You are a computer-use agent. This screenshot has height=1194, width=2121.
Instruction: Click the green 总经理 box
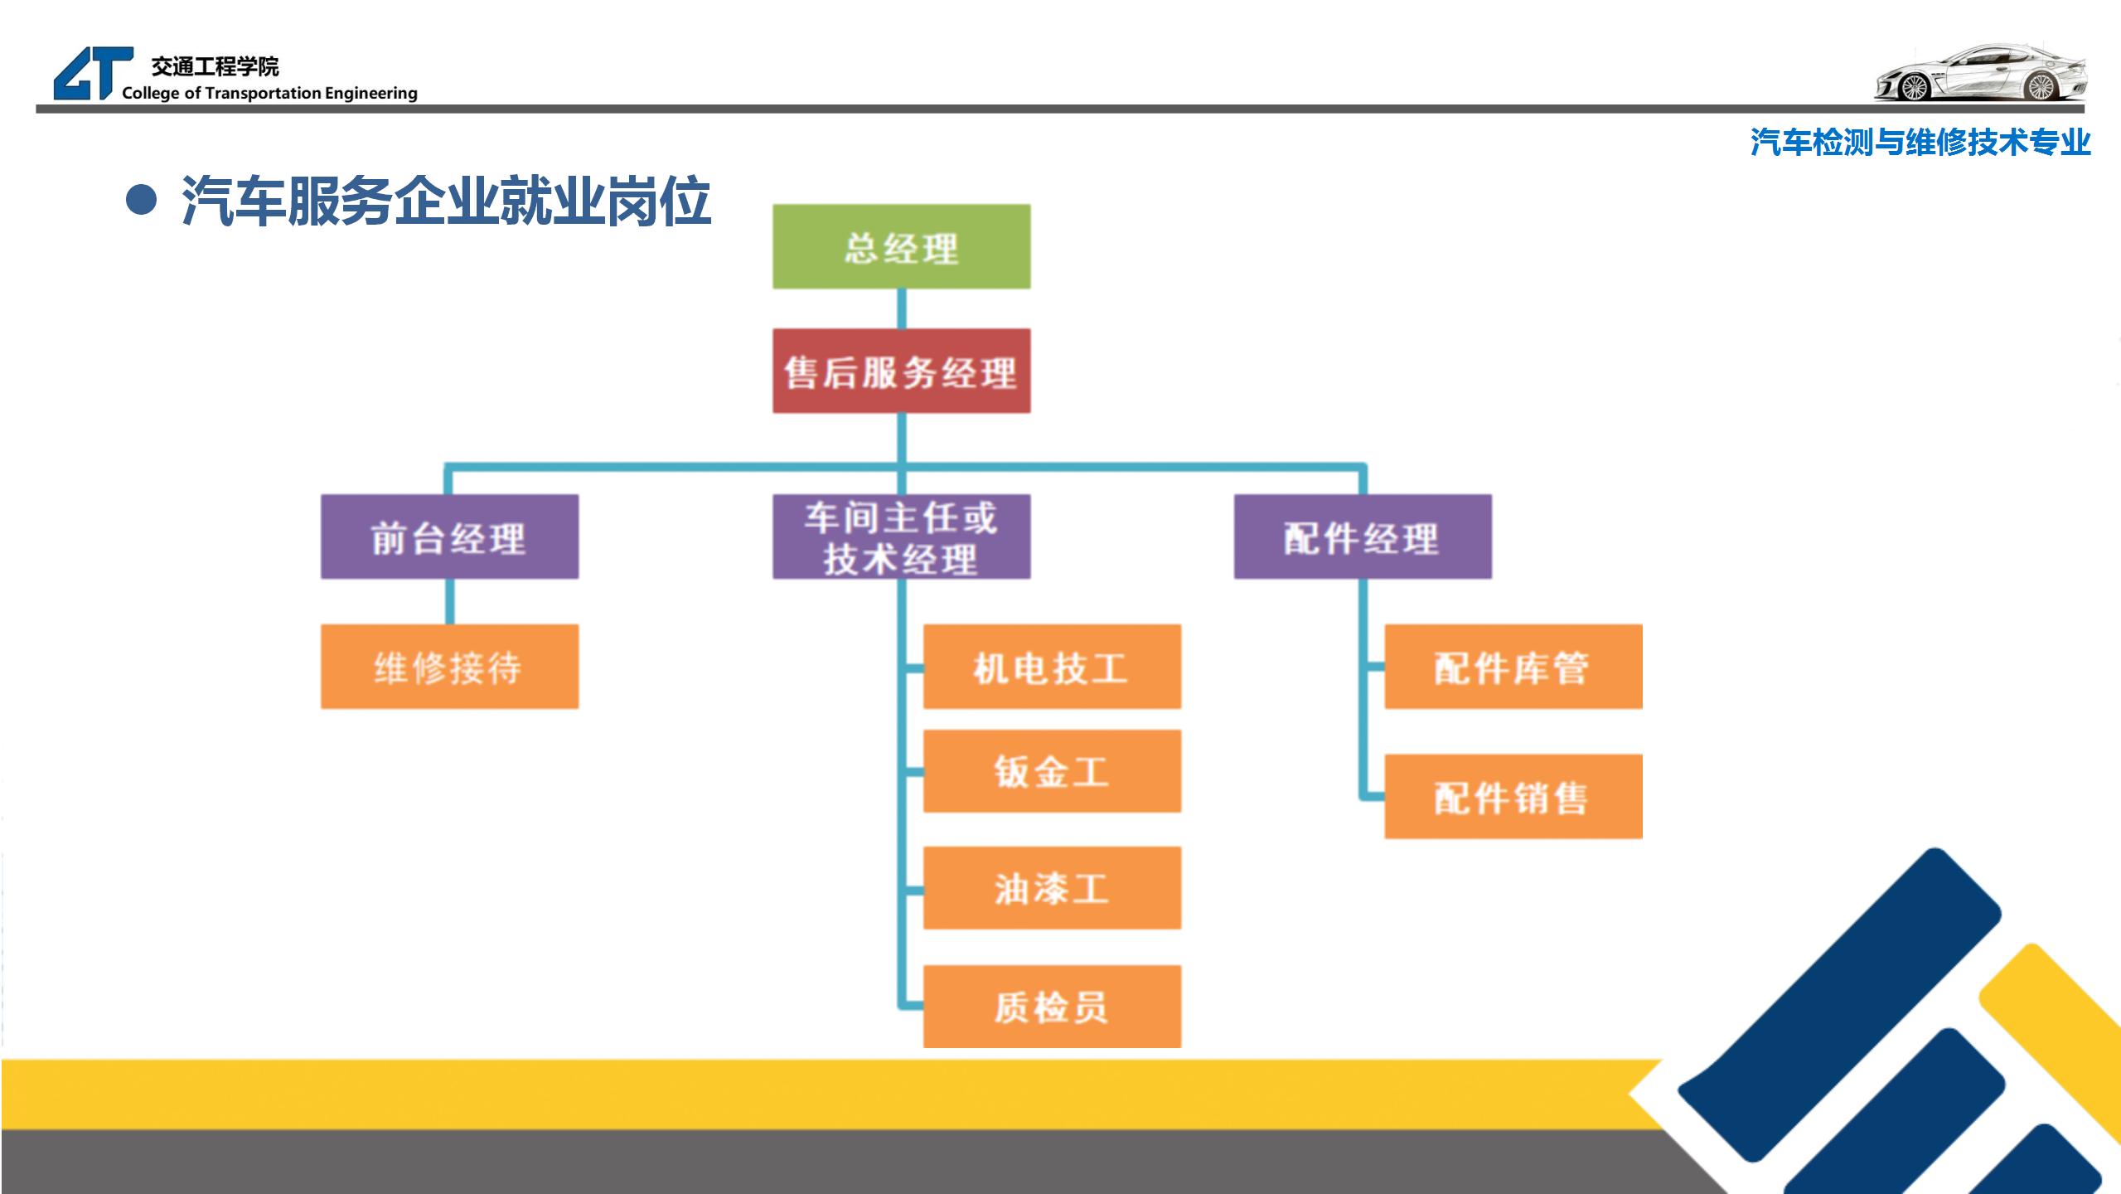pos(901,246)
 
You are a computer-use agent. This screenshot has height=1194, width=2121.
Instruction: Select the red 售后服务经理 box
pos(901,371)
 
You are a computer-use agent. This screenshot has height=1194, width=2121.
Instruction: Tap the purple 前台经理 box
pos(449,536)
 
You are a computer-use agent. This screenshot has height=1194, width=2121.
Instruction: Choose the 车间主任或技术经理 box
pos(901,536)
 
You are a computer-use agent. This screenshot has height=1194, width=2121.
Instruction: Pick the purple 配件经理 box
pos(1362,536)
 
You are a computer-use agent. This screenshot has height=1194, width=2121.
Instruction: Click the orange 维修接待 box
pos(449,667)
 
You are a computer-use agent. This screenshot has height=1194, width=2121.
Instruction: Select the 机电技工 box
pos(1052,667)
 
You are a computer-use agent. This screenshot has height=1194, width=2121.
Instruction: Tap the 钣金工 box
pos(1052,771)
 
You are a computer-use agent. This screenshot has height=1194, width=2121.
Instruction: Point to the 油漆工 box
pos(1052,888)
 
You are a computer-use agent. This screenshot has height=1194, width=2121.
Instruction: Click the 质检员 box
pos(1052,1007)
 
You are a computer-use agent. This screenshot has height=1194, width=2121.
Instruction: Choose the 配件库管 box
pos(1513,667)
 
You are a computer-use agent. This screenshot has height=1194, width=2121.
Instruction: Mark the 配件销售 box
pos(1513,797)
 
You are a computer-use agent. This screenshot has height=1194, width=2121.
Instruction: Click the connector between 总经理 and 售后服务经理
pos(902,308)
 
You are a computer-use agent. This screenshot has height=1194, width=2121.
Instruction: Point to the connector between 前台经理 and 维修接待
pos(449,601)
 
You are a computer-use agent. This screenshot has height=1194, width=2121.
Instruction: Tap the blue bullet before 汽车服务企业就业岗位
pos(142,201)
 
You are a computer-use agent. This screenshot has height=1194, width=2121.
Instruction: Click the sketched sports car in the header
pos(1981,75)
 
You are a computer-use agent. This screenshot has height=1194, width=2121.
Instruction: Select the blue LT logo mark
pos(91,73)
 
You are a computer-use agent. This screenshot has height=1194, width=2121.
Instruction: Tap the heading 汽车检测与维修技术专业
pos(1920,143)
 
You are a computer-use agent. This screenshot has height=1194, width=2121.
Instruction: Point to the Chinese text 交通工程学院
pos(215,66)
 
